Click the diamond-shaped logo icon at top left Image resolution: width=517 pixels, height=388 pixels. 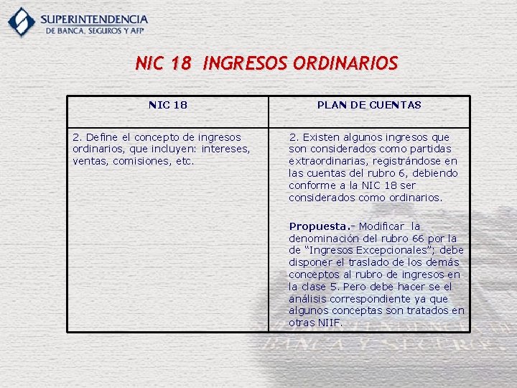point(22,22)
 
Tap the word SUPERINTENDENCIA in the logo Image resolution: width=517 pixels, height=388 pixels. point(94,19)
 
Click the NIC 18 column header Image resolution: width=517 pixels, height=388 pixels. point(168,105)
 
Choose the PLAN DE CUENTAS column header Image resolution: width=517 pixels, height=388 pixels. point(369,105)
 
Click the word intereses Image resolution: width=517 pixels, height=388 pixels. point(225,149)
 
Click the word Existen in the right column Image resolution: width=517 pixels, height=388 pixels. point(321,137)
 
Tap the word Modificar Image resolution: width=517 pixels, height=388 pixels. point(382,226)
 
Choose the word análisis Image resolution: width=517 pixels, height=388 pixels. point(308,299)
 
